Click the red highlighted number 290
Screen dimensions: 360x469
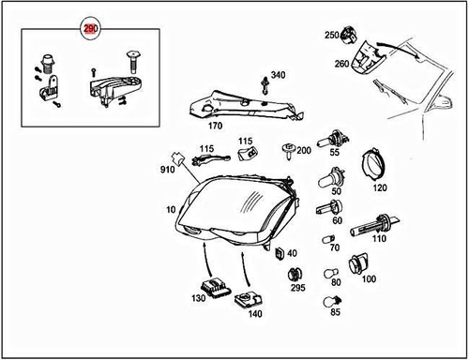(x=90, y=30)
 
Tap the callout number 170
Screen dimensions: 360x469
(x=215, y=124)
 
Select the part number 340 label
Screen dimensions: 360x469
(x=278, y=75)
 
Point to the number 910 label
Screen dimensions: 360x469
(x=166, y=170)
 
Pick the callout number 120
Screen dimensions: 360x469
(x=379, y=187)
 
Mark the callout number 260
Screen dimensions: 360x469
(x=341, y=64)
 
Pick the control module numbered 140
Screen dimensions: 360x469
(x=249, y=300)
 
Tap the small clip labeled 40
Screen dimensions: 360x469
(x=280, y=252)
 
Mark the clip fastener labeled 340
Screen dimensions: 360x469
(x=266, y=87)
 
